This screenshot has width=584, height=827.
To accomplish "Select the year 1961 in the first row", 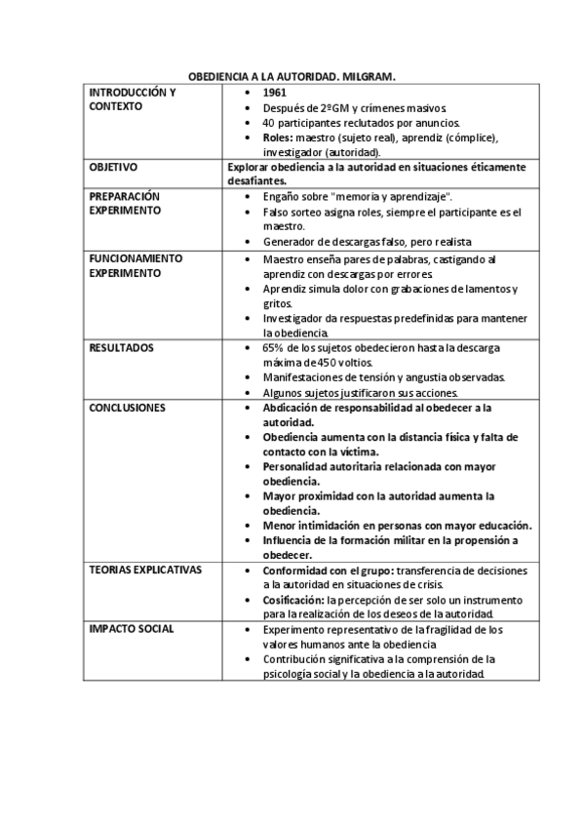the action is pos(276,92).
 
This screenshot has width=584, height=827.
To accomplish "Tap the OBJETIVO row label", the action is pos(113,167).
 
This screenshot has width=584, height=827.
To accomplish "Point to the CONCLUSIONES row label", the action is pos(127,407).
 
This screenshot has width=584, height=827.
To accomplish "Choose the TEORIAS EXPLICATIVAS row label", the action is pos(145,570).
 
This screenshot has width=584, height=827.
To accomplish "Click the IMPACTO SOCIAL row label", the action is pos(131,629).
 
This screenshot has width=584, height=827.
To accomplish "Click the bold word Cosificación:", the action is pos(293,599).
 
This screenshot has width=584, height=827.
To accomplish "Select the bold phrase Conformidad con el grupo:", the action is pos(323,570).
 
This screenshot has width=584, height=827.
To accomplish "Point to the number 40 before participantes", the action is pos(269,122).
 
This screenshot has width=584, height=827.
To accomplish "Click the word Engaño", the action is pos(282,196).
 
